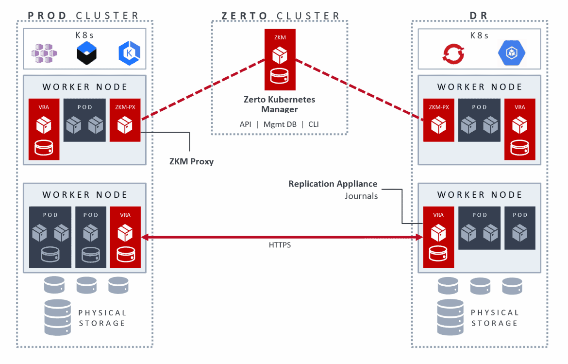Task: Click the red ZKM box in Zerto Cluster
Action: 280,60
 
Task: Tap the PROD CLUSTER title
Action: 84,16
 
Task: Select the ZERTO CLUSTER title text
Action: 280,16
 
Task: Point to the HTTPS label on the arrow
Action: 280,245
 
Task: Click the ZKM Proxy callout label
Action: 191,161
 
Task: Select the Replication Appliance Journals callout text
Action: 333,190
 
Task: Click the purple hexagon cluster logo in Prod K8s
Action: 45,53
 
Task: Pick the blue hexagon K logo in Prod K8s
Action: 128,53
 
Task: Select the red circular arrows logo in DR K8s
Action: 453,53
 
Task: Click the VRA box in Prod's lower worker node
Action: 125,237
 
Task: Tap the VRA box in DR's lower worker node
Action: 438,237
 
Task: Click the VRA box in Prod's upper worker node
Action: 44,129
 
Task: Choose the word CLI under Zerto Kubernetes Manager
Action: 314,124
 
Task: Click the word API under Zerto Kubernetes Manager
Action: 245,124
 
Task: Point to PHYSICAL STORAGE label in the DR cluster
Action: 494,318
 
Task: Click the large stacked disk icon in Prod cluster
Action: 57,317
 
